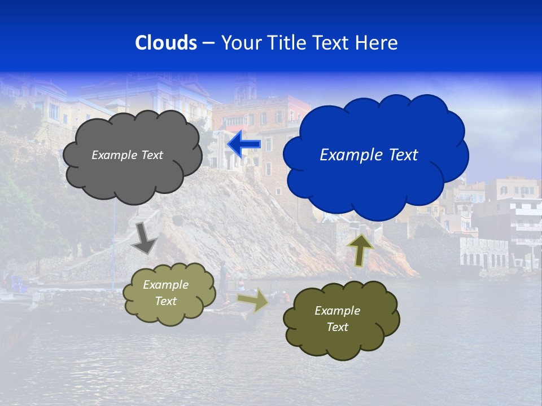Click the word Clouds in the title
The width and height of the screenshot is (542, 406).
coord(165,43)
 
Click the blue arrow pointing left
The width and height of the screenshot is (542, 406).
coord(244,144)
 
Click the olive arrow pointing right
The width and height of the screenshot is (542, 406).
coord(253,300)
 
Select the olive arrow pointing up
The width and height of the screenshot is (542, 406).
coord(360,249)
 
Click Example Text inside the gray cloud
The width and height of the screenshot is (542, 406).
coord(127,155)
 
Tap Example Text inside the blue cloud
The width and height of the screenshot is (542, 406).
coord(369,155)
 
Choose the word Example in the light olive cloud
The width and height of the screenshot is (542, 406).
coord(165,285)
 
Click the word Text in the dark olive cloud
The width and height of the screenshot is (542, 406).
coord(337,327)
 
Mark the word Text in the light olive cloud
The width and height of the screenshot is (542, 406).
coord(165,301)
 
